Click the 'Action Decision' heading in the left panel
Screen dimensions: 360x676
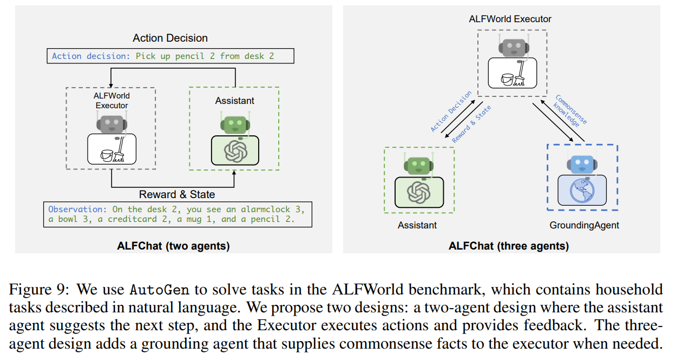[x=170, y=38]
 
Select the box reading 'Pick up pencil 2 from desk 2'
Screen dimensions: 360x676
[x=170, y=56]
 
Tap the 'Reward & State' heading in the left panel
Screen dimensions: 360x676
[x=177, y=194]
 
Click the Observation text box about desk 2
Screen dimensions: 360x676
[x=177, y=214]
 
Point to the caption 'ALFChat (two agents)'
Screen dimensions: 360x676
[x=173, y=246]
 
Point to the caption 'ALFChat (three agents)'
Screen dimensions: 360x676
[x=508, y=246]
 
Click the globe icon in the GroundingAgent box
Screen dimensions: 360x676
[x=582, y=189]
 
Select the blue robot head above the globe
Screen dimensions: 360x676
[x=582, y=163]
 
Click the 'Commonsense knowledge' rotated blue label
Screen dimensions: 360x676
[x=569, y=112]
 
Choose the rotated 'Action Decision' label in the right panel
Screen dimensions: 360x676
[x=451, y=112]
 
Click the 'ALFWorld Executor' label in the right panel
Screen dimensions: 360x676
[x=510, y=19]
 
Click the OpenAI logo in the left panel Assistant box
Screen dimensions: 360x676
[x=235, y=150]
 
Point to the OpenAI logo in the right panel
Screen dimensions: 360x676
[x=417, y=192]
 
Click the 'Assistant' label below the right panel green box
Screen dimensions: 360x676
[x=417, y=225]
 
